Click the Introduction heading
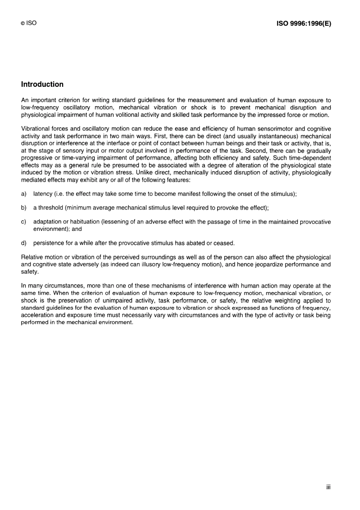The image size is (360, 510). [x=42, y=84]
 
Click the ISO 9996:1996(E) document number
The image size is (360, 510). [x=304, y=24]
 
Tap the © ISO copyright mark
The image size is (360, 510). [x=29, y=23]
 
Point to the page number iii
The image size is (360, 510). [x=328, y=487]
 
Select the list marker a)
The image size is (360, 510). [x=23, y=194]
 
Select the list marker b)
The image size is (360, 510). [x=23, y=208]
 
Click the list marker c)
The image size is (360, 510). [x=23, y=222]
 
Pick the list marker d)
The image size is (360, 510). [x=23, y=243]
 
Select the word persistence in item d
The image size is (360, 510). [x=49, y=243]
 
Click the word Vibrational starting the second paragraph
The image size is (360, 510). [x=36, y=129]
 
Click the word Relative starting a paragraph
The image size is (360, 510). [x=31, y=257]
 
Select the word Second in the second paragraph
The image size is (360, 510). [x=256, y=151]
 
